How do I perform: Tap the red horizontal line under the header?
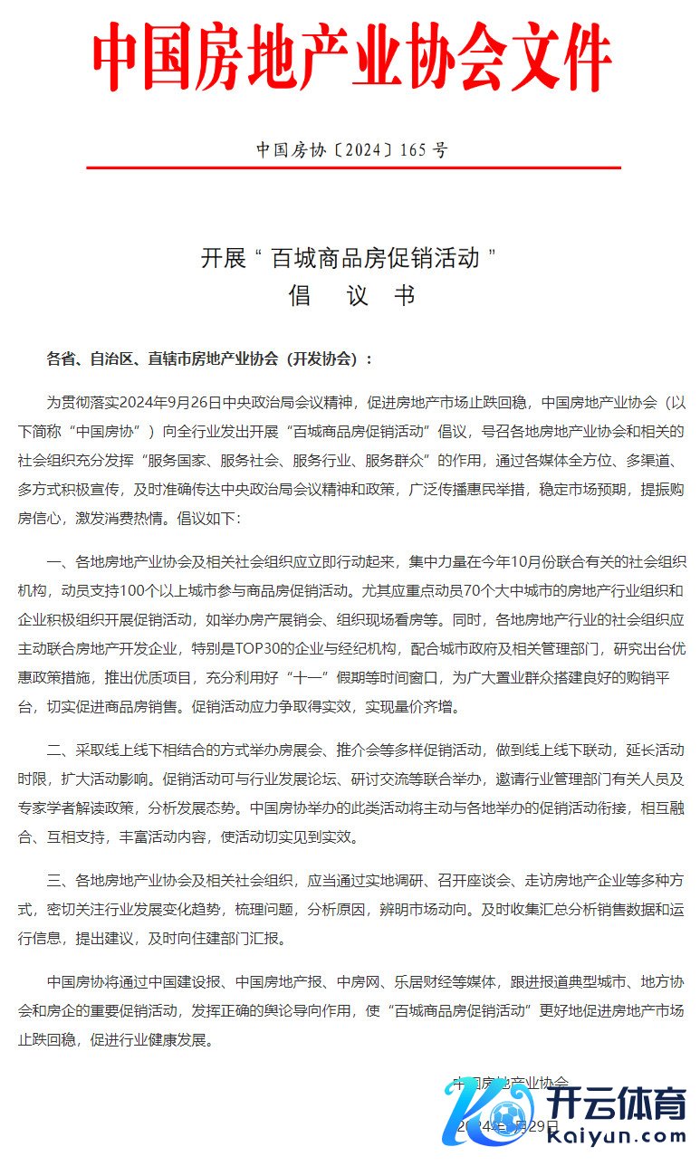pyautogui.click(x=353, y=167)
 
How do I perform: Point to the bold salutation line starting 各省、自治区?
pyautogui.click(x=209, y=358)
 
